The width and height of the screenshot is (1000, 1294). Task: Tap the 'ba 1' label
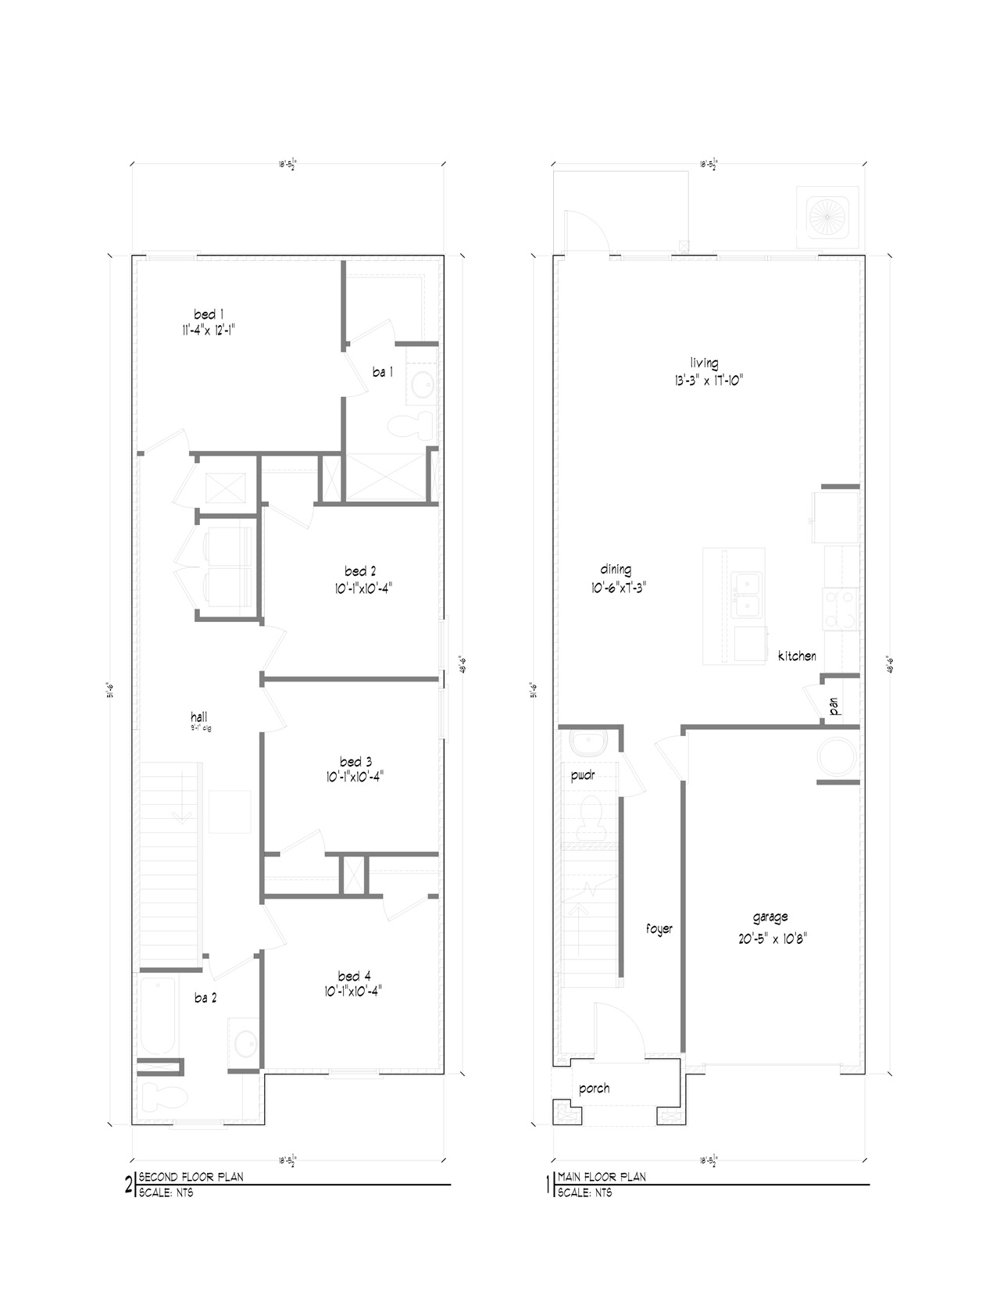click(x=382, y=373)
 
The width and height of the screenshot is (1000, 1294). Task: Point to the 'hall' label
click(x=199, y=716)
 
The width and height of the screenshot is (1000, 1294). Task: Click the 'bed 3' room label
click(x=355, y=761)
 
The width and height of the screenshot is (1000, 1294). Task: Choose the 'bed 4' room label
click(x=354, y=975)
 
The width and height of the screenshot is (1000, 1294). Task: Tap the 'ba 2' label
click(x=205, y=998)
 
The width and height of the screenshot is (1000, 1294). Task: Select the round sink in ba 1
click(x=423, y=385)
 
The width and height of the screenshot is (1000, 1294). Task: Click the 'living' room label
click(x=704, y=363)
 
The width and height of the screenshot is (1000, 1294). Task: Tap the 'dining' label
click(x=616, y=570)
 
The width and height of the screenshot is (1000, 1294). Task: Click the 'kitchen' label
click(x=797, y=656)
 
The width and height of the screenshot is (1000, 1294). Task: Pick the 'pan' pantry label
click(x=834, y=707)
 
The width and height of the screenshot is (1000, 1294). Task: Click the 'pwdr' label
click(x=584, y=775)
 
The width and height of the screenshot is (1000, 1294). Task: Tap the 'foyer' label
click(x=659, y=929)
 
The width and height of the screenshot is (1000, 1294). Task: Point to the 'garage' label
click(x=770, y=917)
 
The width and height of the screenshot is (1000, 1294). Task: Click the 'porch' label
click(x=594, y=1088)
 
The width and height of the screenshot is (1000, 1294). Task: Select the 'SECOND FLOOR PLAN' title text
click(x=191, y=1177)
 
